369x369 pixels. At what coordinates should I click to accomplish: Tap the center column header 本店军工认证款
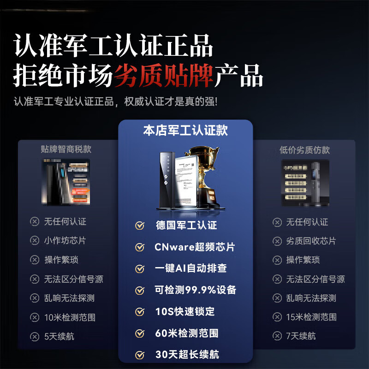tap(185, 131)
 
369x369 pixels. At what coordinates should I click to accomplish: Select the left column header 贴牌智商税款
tap(66, 149)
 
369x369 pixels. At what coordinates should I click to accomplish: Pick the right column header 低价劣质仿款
tap(305, 150)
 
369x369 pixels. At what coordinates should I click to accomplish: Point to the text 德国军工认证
tap(186, 226)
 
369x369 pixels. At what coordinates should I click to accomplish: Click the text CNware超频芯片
tap(194, 247)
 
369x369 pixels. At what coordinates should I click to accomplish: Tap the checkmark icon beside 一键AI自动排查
tap(140, 269)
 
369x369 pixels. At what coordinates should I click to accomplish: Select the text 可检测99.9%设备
tap(195, 290)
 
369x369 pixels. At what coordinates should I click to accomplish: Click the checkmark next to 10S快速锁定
tap(140, 312)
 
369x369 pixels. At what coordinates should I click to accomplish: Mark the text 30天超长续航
tap(186, 355)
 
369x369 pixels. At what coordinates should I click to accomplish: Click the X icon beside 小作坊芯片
tap(35, 241)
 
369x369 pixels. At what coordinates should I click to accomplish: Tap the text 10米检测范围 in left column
tap(70, 317)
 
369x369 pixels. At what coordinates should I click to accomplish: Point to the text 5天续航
tap(59, 336)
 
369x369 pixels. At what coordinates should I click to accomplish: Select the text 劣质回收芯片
tap(311, 241)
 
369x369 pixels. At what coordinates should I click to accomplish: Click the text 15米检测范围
tap(311, 317)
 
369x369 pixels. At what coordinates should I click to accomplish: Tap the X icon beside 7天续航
tap(277, 336)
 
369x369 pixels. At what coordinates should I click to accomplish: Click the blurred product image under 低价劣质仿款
tap(305, 183)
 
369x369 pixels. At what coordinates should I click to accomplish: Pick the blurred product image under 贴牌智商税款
tap(66, 182)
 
